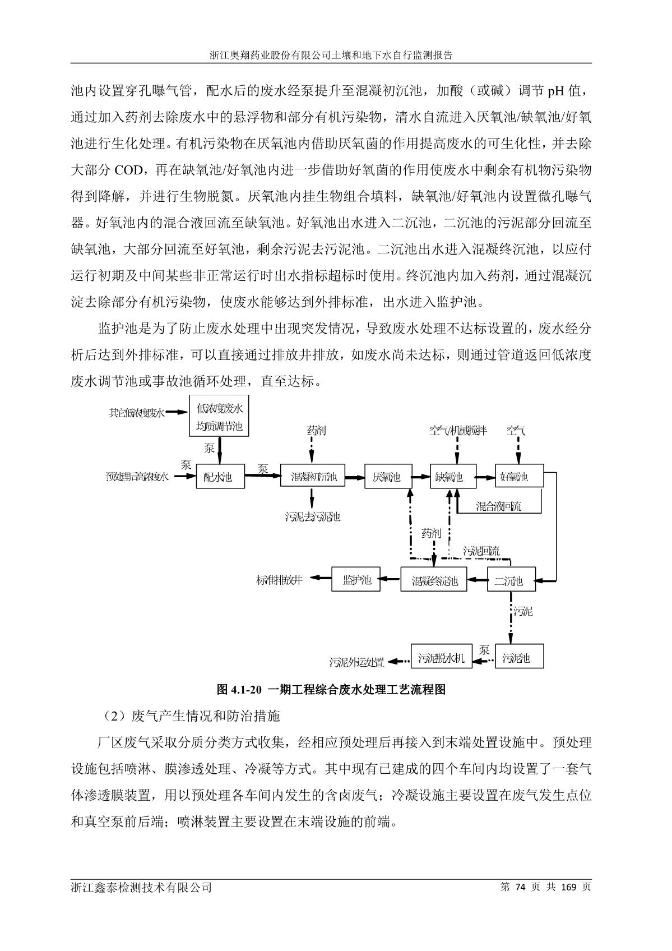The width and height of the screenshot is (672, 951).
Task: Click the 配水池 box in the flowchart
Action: [220, 477]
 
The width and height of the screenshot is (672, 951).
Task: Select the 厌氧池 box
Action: [387, 477]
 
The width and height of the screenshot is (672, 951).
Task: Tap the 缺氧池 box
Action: [452, 477]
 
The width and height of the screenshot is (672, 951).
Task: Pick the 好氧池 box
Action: [519, 477]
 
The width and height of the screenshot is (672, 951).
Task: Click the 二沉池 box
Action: [511, 581]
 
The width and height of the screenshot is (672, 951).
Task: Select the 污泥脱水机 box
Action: [441, 658]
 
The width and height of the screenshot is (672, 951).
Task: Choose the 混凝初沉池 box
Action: [313, 477]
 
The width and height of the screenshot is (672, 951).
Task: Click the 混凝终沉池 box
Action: [434, 581]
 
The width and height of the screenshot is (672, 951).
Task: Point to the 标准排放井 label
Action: [280, 580]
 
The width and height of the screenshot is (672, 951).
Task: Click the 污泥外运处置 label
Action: [356, 662]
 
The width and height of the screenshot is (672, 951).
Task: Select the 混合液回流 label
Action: [498, 507]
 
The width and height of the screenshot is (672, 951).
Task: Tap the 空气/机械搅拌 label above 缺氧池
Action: [458, 431]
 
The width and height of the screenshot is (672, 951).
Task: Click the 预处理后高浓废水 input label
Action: [137, 477]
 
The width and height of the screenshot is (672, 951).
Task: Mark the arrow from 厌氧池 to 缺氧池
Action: [420, 477]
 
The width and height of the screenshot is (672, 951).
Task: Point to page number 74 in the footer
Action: [521, 887]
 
